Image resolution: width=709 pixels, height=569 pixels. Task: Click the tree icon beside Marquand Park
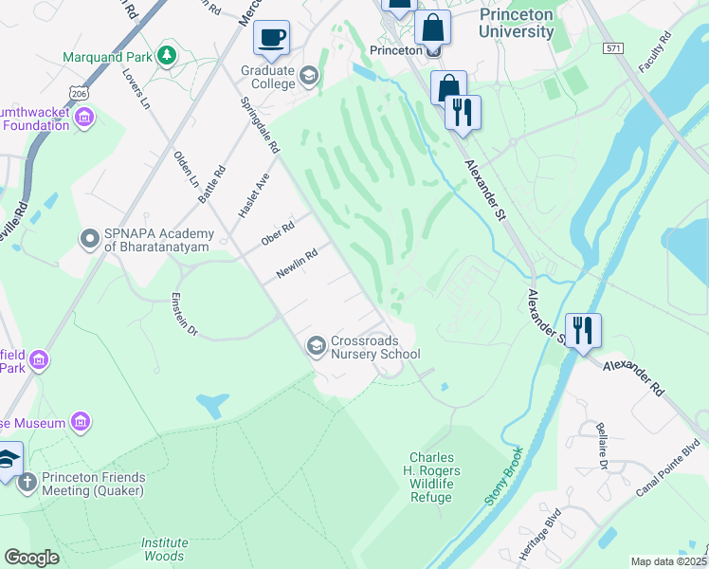(167, 56)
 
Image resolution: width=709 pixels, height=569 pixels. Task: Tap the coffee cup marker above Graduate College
(272, 38)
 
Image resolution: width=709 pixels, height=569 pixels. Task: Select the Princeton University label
(516, 24)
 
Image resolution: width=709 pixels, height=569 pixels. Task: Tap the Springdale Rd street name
(260, 124)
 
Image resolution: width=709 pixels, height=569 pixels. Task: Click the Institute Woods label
(163, 549)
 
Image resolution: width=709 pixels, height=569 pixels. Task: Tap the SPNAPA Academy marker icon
(90, 238)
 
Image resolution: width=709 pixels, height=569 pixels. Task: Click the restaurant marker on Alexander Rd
(583, 331)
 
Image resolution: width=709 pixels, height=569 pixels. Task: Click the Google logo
(32, 557)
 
